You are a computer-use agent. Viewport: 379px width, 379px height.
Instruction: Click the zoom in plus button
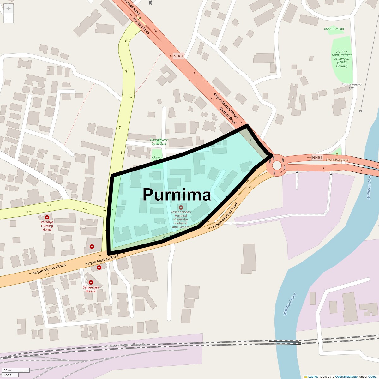click(9, 9)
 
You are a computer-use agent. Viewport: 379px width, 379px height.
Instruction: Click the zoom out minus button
click(9, 18)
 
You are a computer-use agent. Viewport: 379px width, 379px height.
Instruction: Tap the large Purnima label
click(177, 195)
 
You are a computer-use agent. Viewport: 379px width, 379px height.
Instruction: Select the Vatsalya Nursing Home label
click(47, 226)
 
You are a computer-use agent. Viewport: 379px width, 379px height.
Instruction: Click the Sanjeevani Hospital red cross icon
click(91, 282)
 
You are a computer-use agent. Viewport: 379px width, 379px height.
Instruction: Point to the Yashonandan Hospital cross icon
click(181, 208)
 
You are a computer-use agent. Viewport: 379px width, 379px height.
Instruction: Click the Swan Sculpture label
click(337, 159)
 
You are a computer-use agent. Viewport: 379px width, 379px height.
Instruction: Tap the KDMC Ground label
click(334, 29)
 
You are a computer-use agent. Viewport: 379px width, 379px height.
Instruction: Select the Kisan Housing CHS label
click(352, 86)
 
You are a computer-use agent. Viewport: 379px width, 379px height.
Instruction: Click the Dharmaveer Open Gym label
click(159, 142)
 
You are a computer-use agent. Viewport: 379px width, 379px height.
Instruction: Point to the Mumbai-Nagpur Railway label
click(125, 346)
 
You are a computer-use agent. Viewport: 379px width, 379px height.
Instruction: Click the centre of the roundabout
click(277, 165)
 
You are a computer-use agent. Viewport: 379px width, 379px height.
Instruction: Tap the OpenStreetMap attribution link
click(346, 376)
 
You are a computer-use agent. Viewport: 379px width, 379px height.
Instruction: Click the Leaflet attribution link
click(313, 376)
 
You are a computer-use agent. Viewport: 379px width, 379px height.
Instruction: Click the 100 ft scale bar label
click(8, 375)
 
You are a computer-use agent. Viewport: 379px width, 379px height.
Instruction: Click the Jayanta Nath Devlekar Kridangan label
click(342, 58)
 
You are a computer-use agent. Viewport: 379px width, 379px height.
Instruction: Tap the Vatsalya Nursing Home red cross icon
click(47, 217)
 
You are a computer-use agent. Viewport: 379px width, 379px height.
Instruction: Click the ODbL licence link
click(372, 376)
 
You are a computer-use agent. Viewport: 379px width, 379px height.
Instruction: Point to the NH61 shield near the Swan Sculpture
click(317, 157)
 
